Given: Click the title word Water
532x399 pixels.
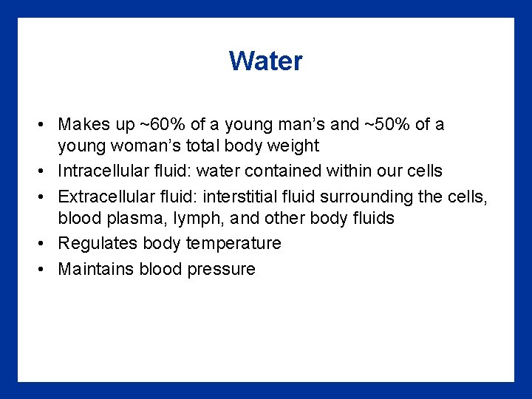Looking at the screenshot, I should pyautogui.click(x=265, y=61).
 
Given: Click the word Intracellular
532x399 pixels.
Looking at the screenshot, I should pyautogui.click(x=106, y=171).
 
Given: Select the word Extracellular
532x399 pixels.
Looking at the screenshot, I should pyautogui.click(x=106, y=196).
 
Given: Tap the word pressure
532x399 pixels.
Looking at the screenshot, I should pyautogui.click(x=222, y=269).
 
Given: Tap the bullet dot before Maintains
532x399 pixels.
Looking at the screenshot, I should pyautogui.click(x=44, y=270).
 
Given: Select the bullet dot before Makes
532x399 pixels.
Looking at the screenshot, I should pyautogui.click(x=44, y=125).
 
